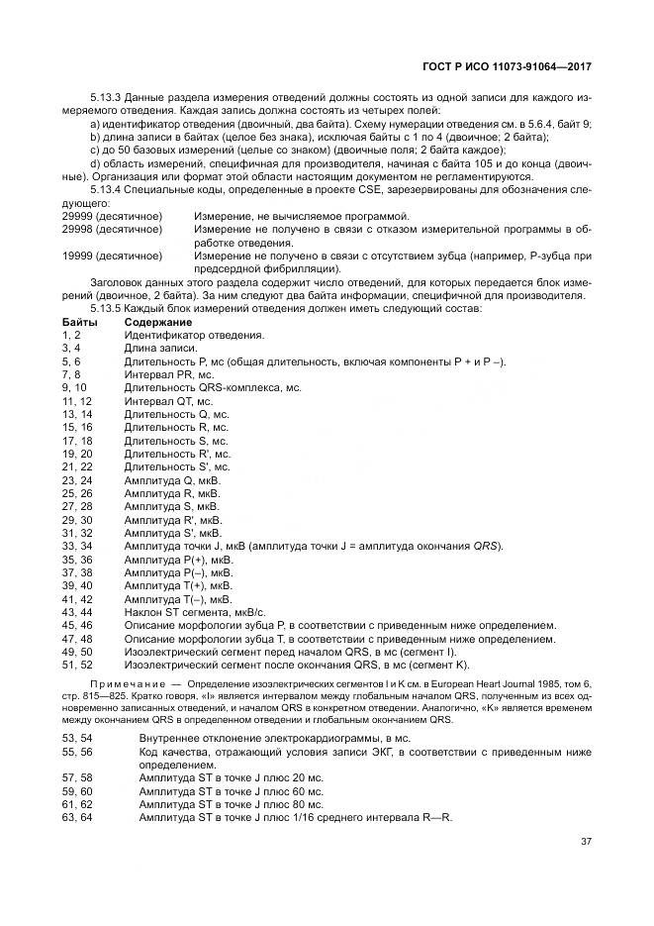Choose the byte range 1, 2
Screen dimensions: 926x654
click(x=73, y=336)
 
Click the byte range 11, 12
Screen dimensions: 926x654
click(x=76, y=401)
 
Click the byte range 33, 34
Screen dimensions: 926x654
click(x=76, y=545)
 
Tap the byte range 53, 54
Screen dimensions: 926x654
click(x=76, y=739)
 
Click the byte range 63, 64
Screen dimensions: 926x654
click(x=76, y=817)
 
